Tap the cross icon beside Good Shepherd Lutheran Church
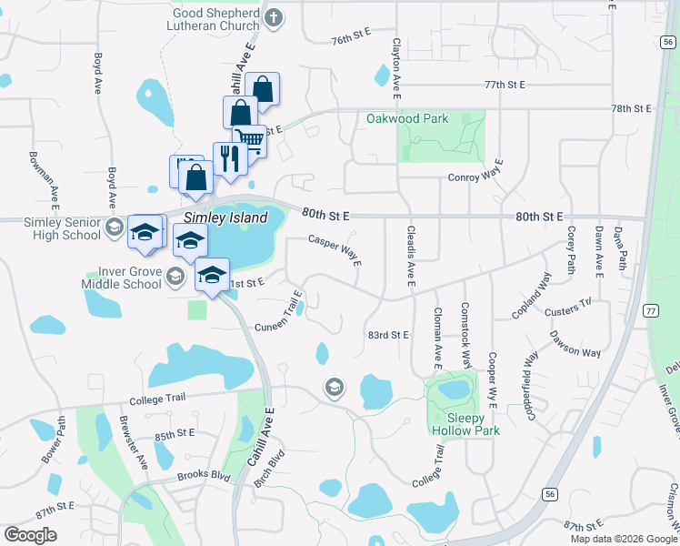point(274,16)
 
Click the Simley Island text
point(225,217)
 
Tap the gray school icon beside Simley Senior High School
point(115,227)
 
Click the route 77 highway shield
point(650,310)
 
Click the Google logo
point(30,534)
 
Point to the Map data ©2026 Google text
point(623,539)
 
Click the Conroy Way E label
point(475,177)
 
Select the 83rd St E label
point(389,335)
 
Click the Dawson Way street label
point(575,345)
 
